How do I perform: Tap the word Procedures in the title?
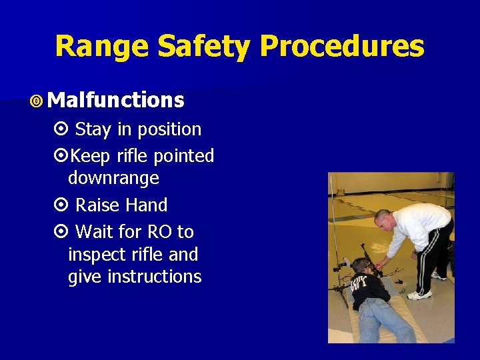[341, 47]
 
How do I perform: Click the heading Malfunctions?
[116, 100]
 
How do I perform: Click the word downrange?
[113, 178]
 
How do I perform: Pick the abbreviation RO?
[160, 232]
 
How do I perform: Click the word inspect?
[95, 255]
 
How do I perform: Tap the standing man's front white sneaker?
[419, 295]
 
